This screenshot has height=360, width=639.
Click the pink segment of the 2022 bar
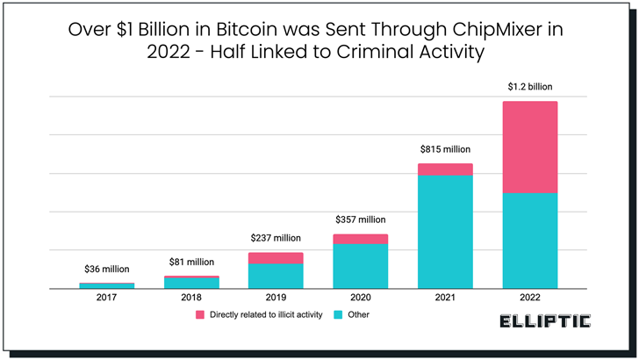[529, 147]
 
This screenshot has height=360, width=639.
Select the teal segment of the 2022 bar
[529, 240]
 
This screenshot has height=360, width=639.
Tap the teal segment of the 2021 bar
[445, 231]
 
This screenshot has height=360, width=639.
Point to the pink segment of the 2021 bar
[445, 169]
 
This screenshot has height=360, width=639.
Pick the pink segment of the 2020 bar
[361, 239]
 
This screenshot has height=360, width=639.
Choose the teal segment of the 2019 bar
[276, 276]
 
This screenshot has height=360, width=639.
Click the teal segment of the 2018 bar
[191, 283]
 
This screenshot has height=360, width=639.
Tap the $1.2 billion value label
[529, 87]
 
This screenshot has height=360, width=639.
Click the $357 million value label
[361, 220]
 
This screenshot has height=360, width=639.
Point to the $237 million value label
[276, 238]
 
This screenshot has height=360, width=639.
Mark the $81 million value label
[191, 262]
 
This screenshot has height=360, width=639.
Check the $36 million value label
[107, 269]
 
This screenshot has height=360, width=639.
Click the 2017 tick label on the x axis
[107, 298]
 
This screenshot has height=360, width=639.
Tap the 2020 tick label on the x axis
[361, 298]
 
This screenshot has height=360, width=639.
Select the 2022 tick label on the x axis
[529, 298]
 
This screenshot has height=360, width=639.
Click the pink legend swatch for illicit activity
[199, 314]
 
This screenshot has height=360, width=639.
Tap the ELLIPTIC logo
[544, 321]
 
